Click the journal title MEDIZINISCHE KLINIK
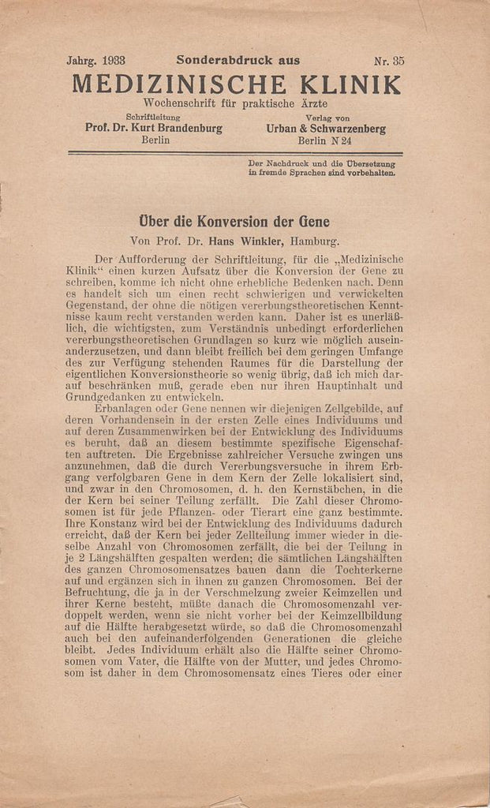(x=236, y=84)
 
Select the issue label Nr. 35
(x=389, y=60)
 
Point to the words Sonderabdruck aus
(x=238, y=60)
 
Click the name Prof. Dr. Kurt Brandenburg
(x=153, y=128)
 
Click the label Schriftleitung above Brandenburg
(x=153, y=117)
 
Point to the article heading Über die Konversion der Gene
(x=234, y=222)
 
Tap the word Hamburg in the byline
(x=316, y=241)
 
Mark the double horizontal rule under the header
(x=235, y=153)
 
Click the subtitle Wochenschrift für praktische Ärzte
(x=235, y=103)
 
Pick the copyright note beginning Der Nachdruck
(x=321, y=167)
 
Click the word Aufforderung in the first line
(x=159, y=258)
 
